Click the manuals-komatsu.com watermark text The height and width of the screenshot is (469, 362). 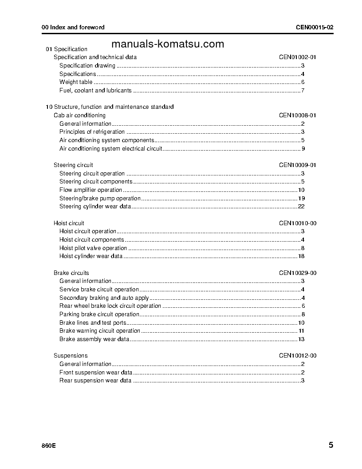point(168,44)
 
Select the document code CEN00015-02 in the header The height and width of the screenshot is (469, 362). point(315,27)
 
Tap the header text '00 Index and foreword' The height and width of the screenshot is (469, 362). point(73,27)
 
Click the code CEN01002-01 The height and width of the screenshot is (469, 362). point(297,57)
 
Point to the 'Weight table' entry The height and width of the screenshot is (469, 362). point(76,82)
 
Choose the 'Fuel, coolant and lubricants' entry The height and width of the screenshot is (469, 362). point(95,91)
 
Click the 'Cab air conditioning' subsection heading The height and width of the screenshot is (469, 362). point(79,115)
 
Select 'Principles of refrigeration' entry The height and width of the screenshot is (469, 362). point(92,132)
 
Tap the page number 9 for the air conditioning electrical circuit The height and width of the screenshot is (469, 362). point(303,149)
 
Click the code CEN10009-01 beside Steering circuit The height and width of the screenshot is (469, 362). point(297,165)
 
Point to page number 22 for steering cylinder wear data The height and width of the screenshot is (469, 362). point(301,207)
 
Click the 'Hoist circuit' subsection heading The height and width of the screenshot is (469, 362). point(69,223)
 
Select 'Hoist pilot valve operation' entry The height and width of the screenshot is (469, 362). point(93,248)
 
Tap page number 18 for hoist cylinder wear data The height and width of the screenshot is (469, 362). point(301,256)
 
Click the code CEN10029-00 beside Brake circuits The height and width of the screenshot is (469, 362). point(297,273)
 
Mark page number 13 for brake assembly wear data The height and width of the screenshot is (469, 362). point(301,339)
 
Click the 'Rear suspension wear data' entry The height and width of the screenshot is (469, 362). point(95,381)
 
